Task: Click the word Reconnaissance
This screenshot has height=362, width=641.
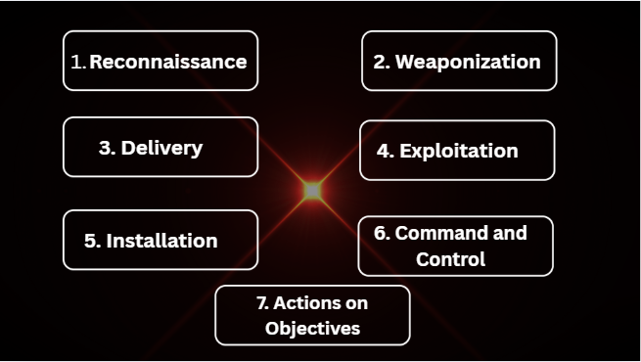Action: pos(168,62)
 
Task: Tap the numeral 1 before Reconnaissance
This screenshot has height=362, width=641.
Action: pos(78,62)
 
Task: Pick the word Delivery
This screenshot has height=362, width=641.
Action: pos(161,148)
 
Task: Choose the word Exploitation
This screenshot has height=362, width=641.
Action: pos(459,151)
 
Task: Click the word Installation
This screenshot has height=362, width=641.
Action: pos(161,241)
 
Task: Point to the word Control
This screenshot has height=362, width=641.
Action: pos(450,259)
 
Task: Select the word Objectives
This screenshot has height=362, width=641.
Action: pos(312,328)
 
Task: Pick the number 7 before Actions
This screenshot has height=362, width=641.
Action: pos(262,302)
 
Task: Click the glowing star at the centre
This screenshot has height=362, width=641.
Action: pos(312,190)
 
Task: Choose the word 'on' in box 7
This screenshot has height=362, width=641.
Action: pos(356,302)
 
